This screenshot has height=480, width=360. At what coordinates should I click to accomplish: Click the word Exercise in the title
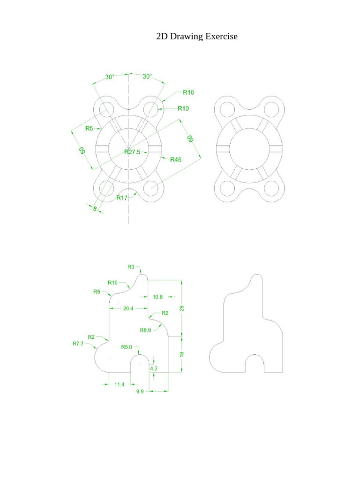(x=219, y=37)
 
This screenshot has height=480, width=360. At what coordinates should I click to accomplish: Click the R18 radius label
(x=188, y=92)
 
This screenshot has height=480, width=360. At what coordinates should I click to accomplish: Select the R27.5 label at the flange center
(x=132, y=151)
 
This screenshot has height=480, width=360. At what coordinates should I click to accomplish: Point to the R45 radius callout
(x=176, y=160)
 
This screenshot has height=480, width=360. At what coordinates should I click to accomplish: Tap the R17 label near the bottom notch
(x=122, y=198)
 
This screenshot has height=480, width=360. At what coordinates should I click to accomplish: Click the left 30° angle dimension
(x=110, y=76)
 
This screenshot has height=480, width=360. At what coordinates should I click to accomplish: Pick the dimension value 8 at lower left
(x=95, y=210)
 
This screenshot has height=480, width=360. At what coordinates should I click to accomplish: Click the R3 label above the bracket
(x=131, y=267)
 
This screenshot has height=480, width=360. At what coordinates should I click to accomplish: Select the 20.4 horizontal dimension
(x=128, y=308)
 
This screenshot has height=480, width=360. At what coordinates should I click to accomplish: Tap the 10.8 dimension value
(x=158, y=297)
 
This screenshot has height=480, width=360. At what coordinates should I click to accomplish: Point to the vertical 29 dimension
(x=182, y=308)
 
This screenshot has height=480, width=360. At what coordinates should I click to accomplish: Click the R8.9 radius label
(x=146, y=330)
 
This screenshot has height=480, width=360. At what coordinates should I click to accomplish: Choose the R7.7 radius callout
(x=77, y=344)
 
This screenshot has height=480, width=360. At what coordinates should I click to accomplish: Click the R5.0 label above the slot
(x=127, y=347)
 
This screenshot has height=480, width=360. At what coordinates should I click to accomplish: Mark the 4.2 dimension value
(x=154, y=369)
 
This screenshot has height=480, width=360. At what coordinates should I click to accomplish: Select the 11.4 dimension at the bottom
(x=120, y=384)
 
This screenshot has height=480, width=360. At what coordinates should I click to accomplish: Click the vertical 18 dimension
(x=182, y=354)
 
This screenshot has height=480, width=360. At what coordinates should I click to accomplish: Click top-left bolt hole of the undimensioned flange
(x=226, y=110)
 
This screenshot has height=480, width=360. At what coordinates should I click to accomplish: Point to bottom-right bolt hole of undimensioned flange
(x=271, y=188)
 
